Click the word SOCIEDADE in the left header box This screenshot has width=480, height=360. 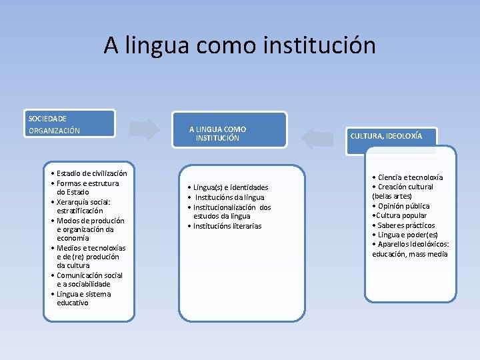(47, 119)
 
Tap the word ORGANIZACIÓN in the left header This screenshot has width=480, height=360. (54, 131)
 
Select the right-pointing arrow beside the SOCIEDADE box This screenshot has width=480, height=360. (145, 130)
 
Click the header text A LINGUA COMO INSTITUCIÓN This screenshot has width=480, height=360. (217, 133)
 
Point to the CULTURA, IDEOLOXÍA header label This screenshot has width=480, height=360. (386, 136)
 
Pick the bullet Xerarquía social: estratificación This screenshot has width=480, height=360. (83, 206)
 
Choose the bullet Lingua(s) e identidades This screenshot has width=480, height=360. (228, 187)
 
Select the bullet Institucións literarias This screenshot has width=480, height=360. (225, 226)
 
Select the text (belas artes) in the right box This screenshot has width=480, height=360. (392, 196)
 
